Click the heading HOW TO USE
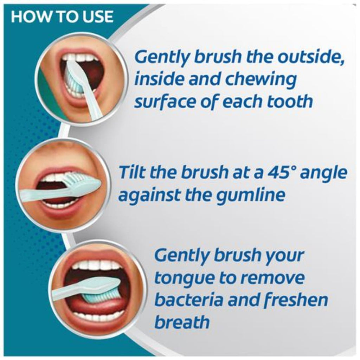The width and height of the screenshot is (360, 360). click(x=62, y=16)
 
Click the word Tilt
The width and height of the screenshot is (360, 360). click(x=133, y=172)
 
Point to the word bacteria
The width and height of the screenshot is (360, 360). click(x=189, y=299)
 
